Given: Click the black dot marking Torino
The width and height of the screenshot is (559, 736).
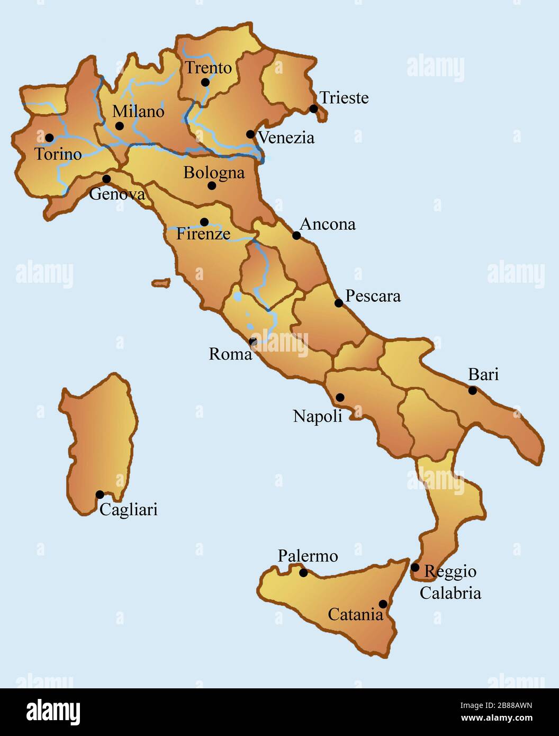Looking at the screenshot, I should pos(49,138).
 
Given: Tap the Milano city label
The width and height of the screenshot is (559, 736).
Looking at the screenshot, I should pos(138,112).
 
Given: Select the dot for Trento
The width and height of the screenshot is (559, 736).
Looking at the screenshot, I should pos(205,82).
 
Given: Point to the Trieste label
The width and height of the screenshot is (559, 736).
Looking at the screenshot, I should pos(344,98).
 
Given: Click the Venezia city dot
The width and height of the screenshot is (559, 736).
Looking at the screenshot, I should pos(250,134).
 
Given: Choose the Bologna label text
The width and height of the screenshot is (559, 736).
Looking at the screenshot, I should pos(214,173).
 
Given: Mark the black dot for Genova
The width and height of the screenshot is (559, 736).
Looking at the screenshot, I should pos(106,179).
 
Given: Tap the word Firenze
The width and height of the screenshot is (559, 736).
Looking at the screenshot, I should pos(203,234).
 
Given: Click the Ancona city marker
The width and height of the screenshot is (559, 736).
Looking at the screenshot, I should pos(296,236).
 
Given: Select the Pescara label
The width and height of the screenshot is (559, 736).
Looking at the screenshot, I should pos(373,295).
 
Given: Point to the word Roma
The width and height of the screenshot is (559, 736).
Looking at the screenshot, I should pos(230,354).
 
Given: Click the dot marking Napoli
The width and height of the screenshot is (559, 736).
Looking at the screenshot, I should pos(340,397).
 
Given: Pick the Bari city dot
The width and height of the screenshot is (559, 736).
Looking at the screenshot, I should pos(473,390).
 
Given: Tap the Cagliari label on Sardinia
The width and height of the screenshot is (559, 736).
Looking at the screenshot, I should pos(129,510).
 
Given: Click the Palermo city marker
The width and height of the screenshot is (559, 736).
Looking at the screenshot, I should pos(303,572).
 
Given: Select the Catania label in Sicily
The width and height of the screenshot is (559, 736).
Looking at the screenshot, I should pos(355,615).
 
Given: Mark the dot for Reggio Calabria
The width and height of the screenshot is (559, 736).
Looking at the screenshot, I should pos(415,568).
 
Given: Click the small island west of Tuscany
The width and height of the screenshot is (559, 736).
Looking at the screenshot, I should pos(161,283).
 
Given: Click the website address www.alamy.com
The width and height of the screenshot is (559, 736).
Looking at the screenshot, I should pos(497,719).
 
